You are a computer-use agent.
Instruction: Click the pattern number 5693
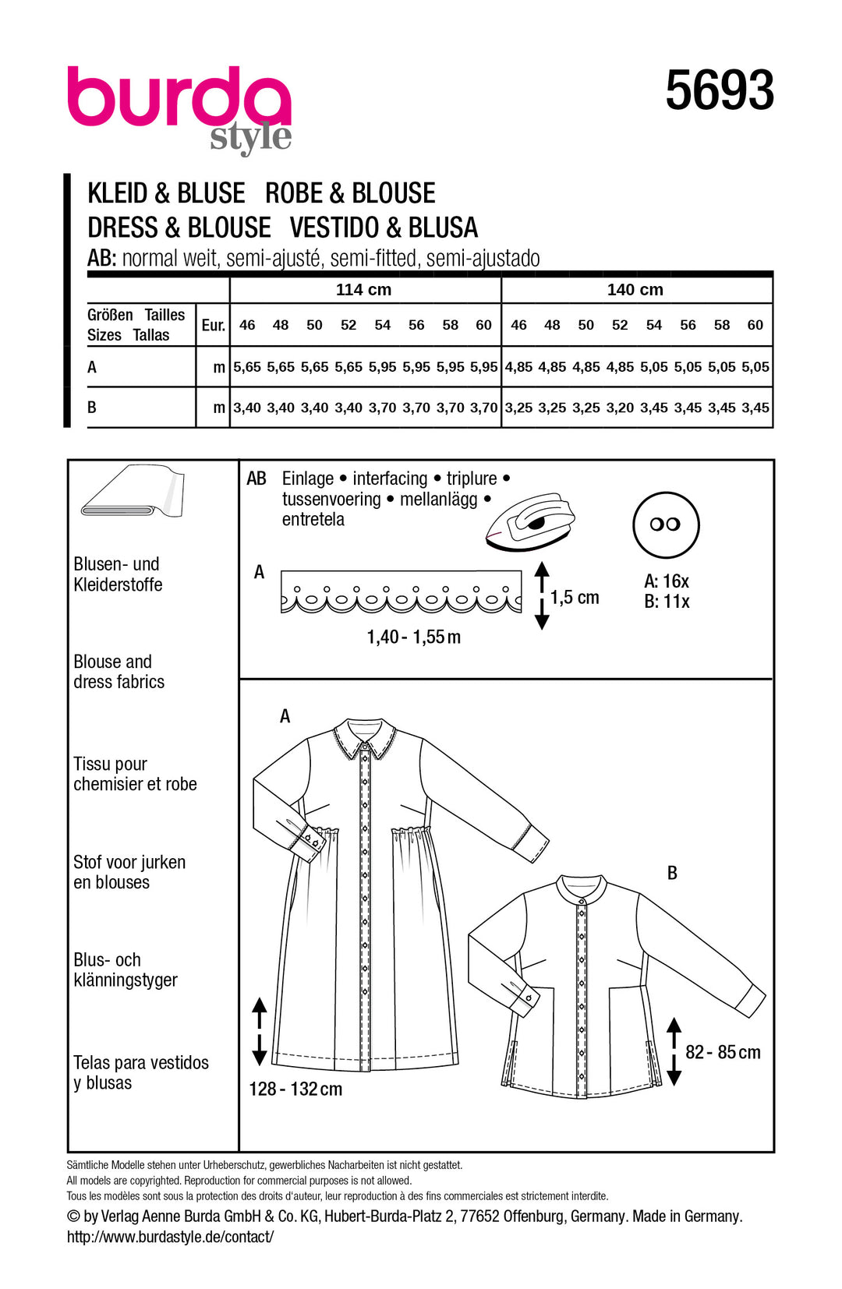(x=719, y=90)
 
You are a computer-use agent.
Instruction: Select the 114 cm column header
(x=363, y=290)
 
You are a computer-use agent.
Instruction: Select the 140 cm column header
(x=635, y=290)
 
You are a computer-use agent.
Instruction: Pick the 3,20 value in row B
(x=620, y=408)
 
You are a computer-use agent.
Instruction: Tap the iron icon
(x=530, y=521)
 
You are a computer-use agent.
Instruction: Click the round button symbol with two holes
(x=665, y=524)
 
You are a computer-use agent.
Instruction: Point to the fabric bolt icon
(x=133, y=492)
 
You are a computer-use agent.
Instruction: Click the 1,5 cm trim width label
(x=575, y=598)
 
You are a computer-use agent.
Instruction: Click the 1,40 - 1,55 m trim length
(x=413, y=637)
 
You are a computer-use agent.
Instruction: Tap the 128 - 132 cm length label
(x=295, y=1089)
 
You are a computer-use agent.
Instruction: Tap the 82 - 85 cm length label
(x=723, y=1053)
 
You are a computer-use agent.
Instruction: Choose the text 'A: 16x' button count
(x=666, y=581)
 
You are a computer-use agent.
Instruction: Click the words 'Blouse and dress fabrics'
(x=119, y=672)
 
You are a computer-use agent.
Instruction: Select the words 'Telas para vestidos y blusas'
(x=140, y=1073)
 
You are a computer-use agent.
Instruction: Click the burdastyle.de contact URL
(x=170, y=1237)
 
